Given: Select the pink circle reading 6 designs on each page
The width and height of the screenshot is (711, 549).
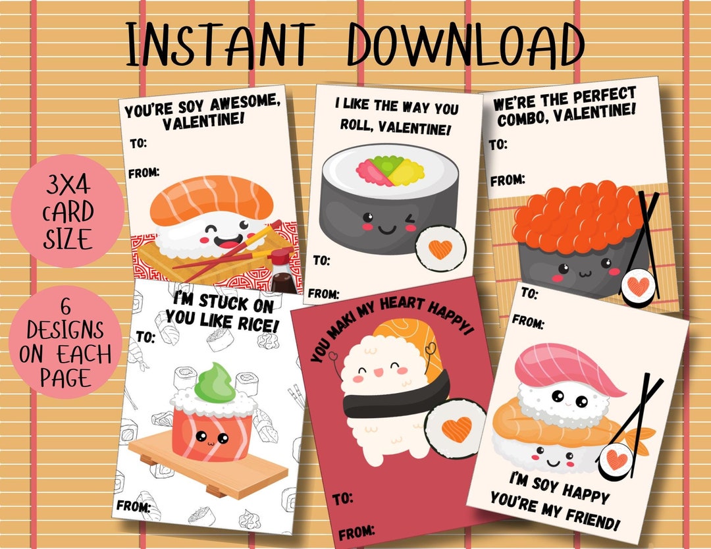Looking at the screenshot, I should click(x=65, y=343).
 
